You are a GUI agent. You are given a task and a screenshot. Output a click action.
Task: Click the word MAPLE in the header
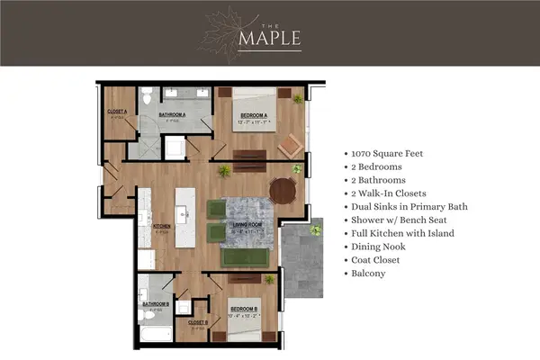tap(270, 39)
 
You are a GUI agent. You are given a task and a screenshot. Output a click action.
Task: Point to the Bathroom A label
tap(172, 115)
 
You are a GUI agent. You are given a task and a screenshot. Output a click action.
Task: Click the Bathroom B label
tap(155, 303)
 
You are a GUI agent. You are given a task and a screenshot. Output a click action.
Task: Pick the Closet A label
tap(116, 112)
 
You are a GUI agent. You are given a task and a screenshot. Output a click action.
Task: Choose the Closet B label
tap(198, 322)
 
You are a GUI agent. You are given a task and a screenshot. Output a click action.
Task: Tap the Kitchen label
tap(162, 226)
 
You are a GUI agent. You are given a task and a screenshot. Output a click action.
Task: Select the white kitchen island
tap(185, 217)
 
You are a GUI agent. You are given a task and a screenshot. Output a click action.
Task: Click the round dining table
tap(283, 190)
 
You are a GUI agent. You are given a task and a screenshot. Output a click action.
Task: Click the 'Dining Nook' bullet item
tap(382, 247)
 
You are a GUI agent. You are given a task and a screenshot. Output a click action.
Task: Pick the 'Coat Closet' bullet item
tap(382, 260)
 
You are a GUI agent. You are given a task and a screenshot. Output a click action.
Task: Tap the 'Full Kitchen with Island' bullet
tap(402, 233)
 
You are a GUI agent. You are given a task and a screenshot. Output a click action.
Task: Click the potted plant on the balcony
tap(315, 230)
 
